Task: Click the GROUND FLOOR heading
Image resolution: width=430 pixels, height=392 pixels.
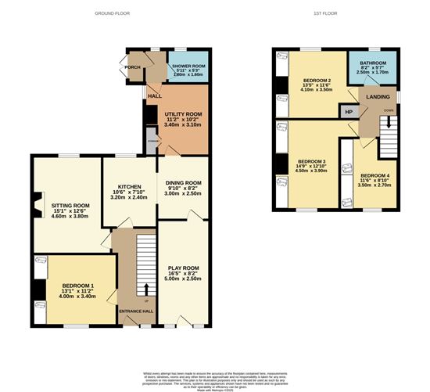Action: click(x=112, y=14)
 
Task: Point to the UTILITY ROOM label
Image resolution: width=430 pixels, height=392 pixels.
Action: click(x=183, y=114)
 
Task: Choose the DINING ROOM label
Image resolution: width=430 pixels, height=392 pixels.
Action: click(x=183, y=183)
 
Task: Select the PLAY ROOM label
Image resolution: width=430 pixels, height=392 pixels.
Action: click(x=183, y=268)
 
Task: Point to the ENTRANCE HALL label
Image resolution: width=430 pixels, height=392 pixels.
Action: click(x=134, y=311)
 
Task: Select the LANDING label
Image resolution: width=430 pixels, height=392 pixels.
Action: click(x=378, y=97)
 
